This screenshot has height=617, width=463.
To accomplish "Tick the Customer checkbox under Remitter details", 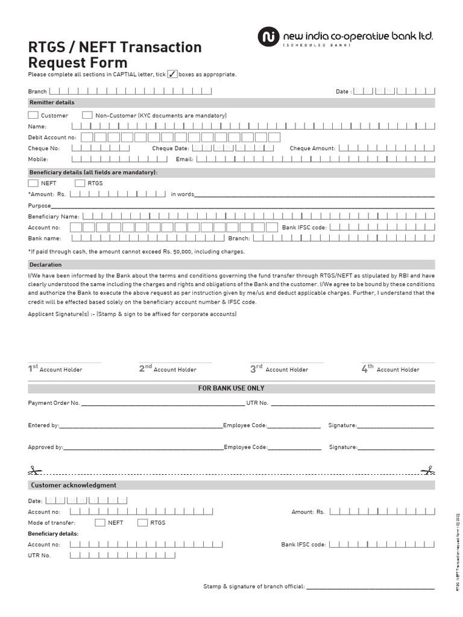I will click(x=33, y=115).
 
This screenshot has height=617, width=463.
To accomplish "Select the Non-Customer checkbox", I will click(x=87, y=115).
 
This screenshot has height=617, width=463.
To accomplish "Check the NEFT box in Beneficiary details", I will click(x=33, y=183).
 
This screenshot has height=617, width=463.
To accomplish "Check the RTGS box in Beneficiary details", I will click(x=80, y=183).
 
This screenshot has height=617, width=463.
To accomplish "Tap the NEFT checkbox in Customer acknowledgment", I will click(x=100, y=522).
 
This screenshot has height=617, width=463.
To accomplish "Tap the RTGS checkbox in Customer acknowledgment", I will click(x=142, y=522).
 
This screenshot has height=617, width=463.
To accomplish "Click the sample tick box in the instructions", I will click(x=172, y=74).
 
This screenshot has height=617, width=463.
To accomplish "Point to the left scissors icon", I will click(x=33, y=470).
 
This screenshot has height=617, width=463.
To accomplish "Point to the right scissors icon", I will click(x=428, y=470).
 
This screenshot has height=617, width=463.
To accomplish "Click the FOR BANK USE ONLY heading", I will click(x=231, y=389).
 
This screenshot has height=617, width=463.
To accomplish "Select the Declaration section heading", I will click(x=46, y=265).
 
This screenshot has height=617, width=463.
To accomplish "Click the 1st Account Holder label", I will click(x=55, y=369).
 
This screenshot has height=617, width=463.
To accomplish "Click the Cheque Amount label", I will click(x=312, y=148).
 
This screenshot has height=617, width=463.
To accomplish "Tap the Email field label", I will click(x=184, y=160).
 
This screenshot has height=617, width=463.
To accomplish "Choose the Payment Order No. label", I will click(x=54, y=402).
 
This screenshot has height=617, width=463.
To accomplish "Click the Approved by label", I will click(x=45, y=448).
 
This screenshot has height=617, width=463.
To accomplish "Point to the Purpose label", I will click(x=40, y=205).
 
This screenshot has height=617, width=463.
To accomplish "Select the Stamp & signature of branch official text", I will click(x=254, y=586).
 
